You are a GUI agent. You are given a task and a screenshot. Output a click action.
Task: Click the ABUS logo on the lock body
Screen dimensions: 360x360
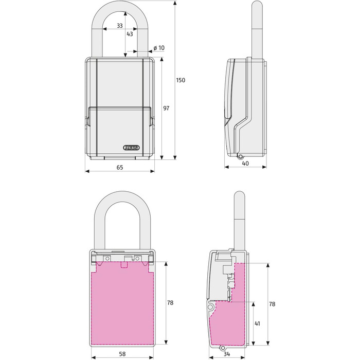click(x=132, y=148)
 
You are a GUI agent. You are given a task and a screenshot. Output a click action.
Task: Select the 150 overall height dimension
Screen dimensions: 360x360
click(x=181, y=80)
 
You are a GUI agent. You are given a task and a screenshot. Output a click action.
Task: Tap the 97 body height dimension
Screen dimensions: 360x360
click(x=166, y=108)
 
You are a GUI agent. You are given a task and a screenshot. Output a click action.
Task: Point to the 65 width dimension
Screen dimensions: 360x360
click(x=120, y=167)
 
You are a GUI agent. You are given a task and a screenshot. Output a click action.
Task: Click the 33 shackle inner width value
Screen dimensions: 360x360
click(x=120, y=26)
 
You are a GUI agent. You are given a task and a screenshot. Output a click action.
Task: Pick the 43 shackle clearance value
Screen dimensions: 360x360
click(x=130, y=34)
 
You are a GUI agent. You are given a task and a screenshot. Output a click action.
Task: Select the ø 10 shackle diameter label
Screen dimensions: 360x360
click(x=159, y=48)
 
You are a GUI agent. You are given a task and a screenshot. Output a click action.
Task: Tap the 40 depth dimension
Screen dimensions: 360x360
click(x=245, y=164)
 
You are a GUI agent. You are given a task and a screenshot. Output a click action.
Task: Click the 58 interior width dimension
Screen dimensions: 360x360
click(x=122, y=354)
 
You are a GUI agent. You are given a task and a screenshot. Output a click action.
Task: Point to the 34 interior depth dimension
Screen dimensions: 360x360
click(x=227, y=354)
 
